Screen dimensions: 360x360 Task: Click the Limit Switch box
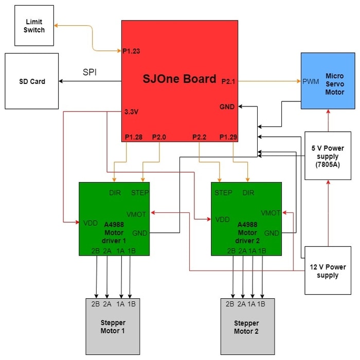[34, 26]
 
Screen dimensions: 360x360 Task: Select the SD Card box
[32, 81]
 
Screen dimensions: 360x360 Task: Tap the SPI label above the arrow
[89, 72]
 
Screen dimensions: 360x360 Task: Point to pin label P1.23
[131, 51]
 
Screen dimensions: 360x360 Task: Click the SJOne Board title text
[179, 79]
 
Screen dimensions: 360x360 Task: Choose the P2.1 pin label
[228, 81]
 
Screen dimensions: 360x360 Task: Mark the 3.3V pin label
[131, 112]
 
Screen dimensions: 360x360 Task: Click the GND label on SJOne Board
[227, 107]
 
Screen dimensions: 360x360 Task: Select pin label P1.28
[134, 137]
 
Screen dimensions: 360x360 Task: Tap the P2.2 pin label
[200, 137]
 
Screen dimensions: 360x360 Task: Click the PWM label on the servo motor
[311, 81]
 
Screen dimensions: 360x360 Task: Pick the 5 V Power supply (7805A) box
[328, 156]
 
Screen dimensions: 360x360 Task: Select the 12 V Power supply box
[328, 271]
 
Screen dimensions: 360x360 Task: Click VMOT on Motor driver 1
[136, 214]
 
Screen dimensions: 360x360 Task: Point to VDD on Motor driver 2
[223, 220]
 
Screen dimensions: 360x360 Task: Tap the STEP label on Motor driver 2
[223, 193]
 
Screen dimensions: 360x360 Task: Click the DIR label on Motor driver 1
[115, 193]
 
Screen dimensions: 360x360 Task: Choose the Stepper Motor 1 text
[113, 327]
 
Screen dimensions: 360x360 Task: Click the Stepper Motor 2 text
[246, 327]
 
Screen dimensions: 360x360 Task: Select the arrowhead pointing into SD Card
[61, 81]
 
